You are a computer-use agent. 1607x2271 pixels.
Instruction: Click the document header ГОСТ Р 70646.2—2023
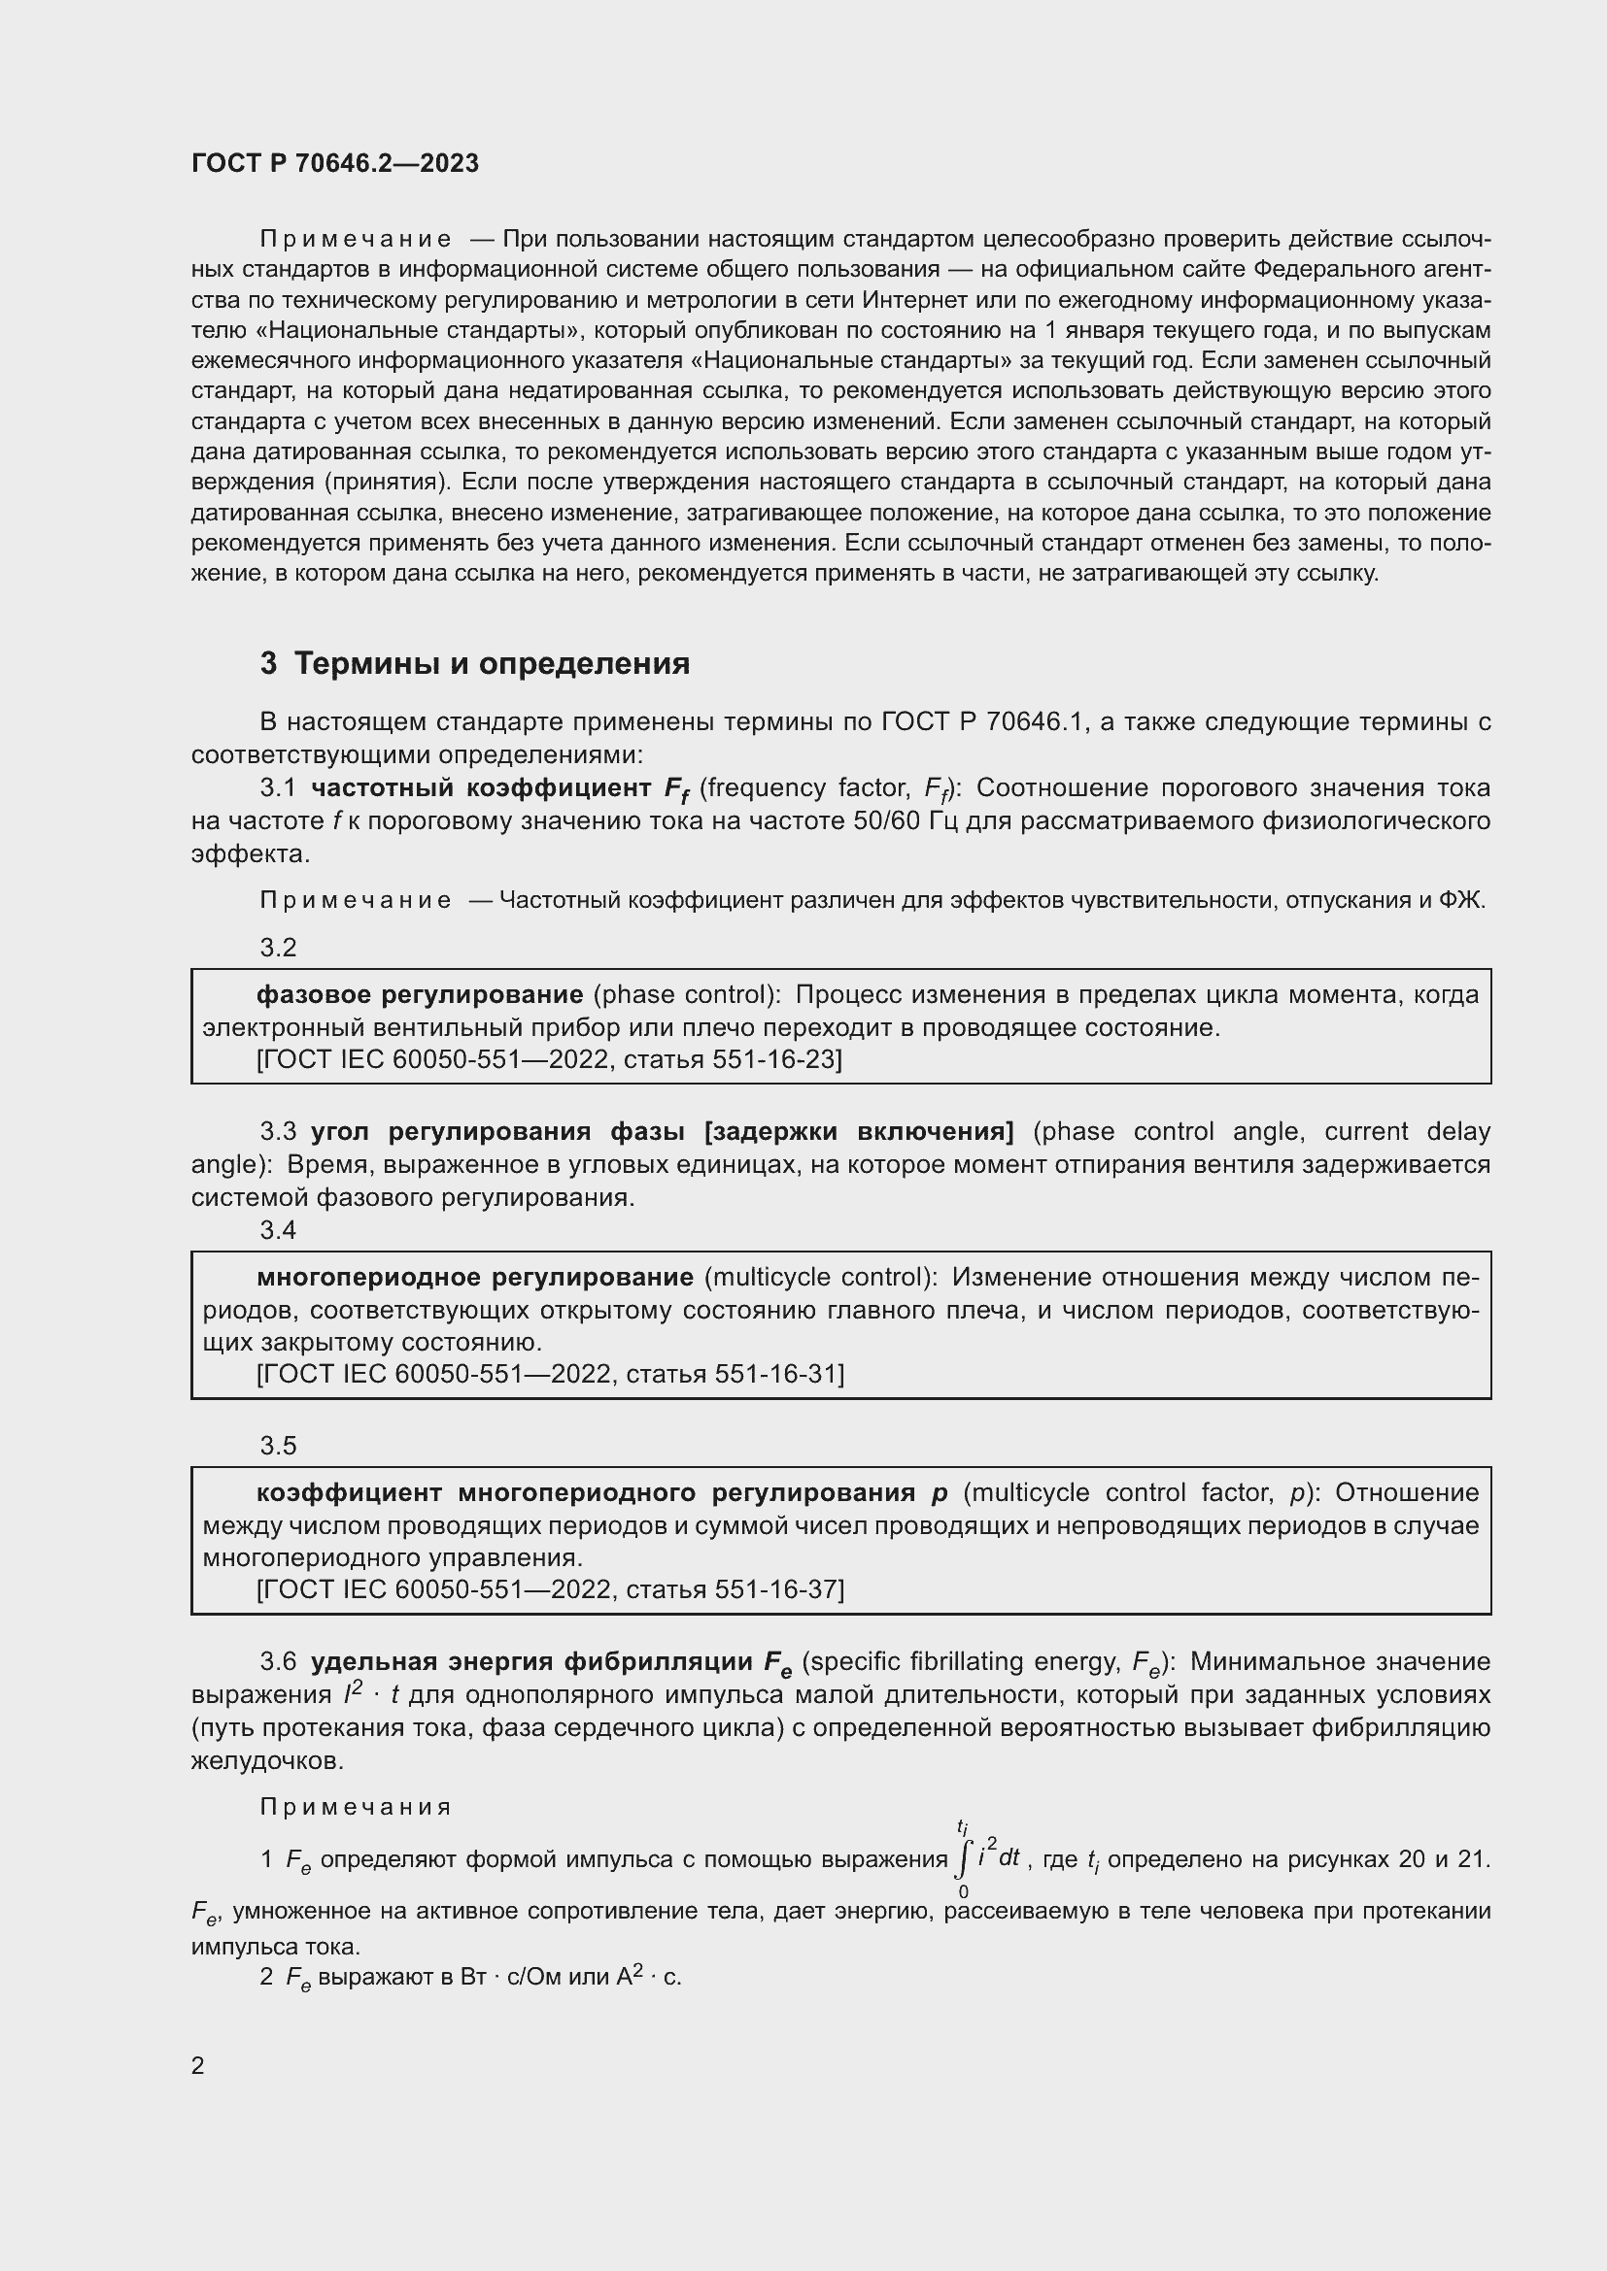click(x=334, y=163)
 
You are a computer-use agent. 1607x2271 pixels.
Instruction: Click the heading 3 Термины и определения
click(x=475, y=664)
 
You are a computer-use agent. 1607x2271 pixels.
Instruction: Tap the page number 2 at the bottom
click(x=198, y=2066)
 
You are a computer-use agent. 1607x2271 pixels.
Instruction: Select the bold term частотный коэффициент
click(x=481, y=788)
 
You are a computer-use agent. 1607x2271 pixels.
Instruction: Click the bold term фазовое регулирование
click(x=420, y=995)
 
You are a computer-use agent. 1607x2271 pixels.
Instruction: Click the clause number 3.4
click(x=278, y=1229)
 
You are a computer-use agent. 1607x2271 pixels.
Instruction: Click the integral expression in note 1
click(x=983, y=1859)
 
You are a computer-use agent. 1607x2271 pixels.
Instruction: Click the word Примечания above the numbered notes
click(x=356, y=1807)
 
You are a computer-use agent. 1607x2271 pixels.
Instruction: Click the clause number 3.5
click(x=278, y=1446)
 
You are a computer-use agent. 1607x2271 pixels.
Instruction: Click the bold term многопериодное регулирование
click(x=475, y=1278)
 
